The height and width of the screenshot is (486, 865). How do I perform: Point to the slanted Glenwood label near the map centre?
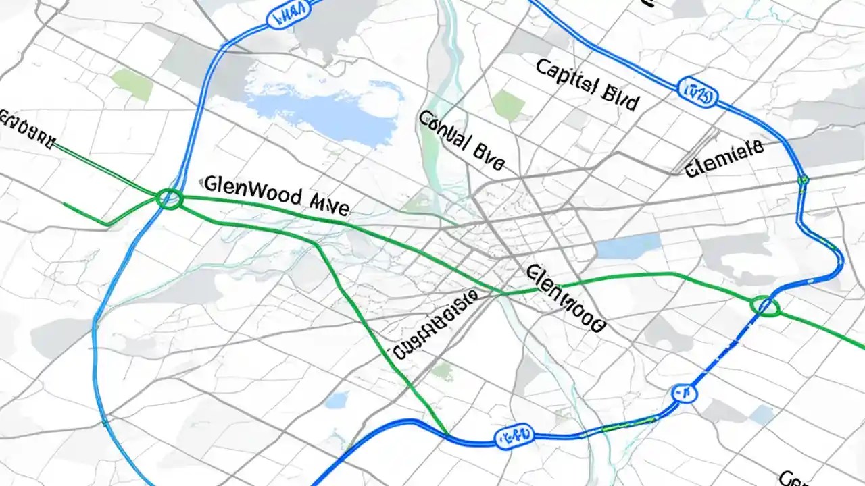click(x=564, y=298)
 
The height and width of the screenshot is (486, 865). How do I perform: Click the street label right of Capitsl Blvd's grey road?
click(x=724, y=159)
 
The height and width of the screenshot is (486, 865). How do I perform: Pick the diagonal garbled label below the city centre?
click(x=436, y=325)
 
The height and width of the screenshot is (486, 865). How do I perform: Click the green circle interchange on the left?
click(x=169, y=198)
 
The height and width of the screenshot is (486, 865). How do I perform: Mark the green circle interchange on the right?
click(x=765, y=306)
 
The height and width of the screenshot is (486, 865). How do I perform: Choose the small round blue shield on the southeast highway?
click(x=683, y=392)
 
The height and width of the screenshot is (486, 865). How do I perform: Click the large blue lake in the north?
click(x=318, y=111)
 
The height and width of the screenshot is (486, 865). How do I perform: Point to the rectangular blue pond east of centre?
click(x=628, y=246)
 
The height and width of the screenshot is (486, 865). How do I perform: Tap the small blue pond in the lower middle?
click(x=336, y=400)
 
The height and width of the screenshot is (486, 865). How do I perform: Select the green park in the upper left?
click(x=132, y=84)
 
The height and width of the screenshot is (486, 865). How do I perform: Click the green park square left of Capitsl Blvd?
click(x=508, y=105)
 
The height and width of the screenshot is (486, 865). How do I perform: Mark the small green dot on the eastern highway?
click(x=803, y=180)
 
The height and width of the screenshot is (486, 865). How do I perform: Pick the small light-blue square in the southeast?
click(x=762, y=414)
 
